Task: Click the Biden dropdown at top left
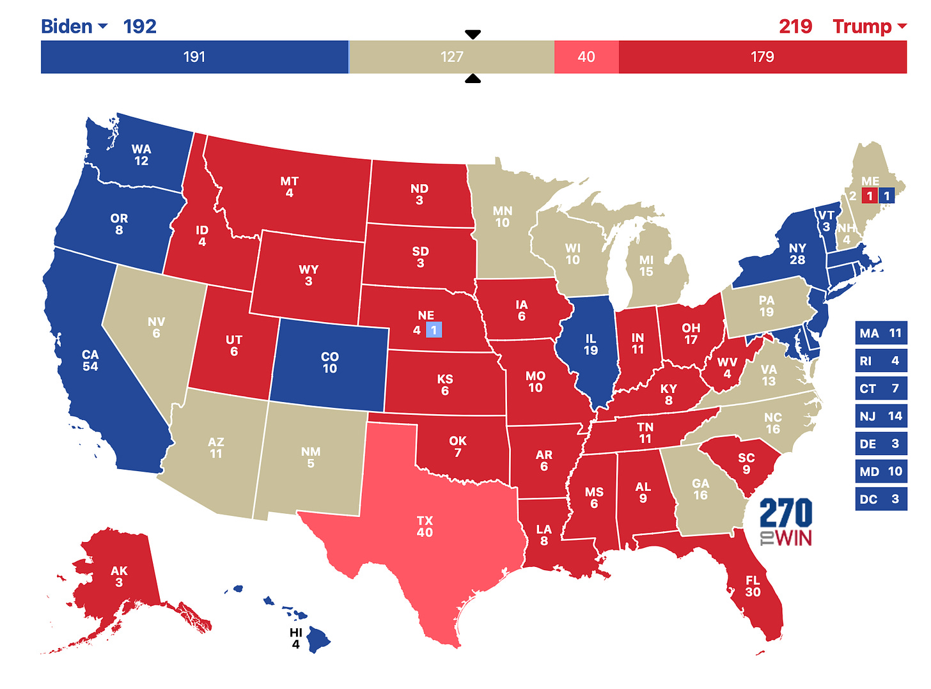pyautogui.click(x=74, y=26)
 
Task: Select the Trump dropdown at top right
pyautogui.click(x=869, y=26)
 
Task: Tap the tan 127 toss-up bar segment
pyautogui.click(x=451, y=57)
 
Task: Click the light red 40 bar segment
pyautogui.click(x=586, y=57)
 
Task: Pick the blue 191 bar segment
pyautogui.click(x=194, y=57)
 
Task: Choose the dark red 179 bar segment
pyautogui.click(x=762, y=57)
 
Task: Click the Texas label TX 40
pyautogui.click(x=425, y=527)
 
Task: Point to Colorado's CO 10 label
pyautogui.click(x=329, y=362)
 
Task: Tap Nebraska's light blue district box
pyautogui.click(x=434, y=330)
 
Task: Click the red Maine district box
pyautogui.click(x=870, y=196)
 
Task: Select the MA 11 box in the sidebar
pyautogui.click(x=880, y=333)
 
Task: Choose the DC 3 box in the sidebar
pyautogui.click(x=880, y=499)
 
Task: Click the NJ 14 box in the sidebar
pyautogui.click(x=880, y=416)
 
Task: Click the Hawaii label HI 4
pyautogui.click(x=295, y=638)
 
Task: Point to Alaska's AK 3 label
pyautogui.click(x=119, y=576)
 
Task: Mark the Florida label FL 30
pyautogui.click(x=753, y=586)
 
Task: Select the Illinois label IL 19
pyautogui.click(x=590, y=344)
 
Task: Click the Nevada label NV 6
pyautogui.click(x=156, y=327)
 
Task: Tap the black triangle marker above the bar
pyautogui.click(x=473, y=35)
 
